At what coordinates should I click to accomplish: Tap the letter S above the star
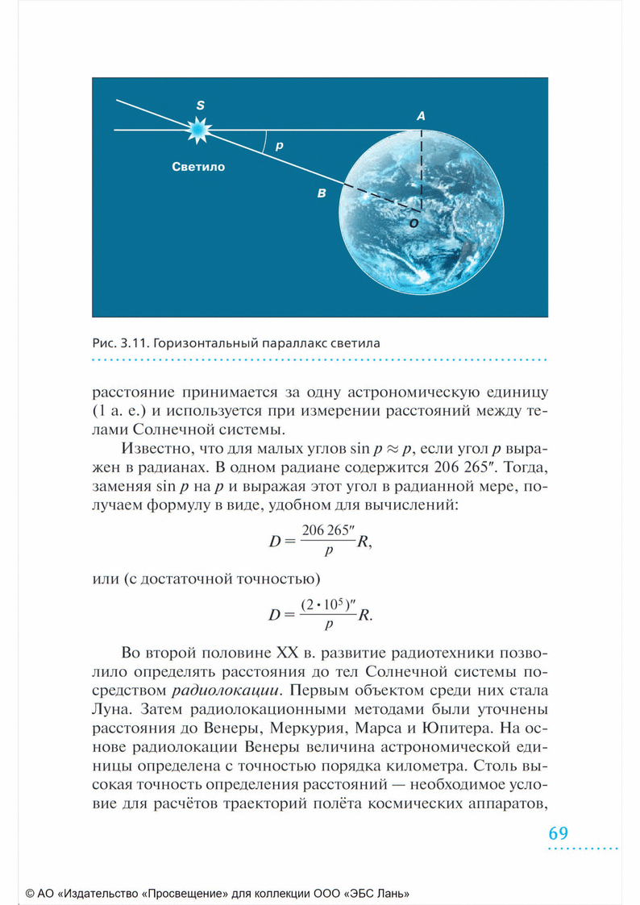point(201,106)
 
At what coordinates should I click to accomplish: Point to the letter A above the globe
point(420,116)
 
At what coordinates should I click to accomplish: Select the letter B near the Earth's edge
point(322,193)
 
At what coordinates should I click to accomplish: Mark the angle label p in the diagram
point(279,147)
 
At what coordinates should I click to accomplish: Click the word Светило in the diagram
point(198,168)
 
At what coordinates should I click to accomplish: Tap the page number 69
point(559,833)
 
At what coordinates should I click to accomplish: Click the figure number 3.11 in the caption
point(133,342)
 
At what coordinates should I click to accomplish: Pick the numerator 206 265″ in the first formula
point(327,531)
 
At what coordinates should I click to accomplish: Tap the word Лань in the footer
point(397,893)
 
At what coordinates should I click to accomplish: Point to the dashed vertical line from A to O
point(421,165)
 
